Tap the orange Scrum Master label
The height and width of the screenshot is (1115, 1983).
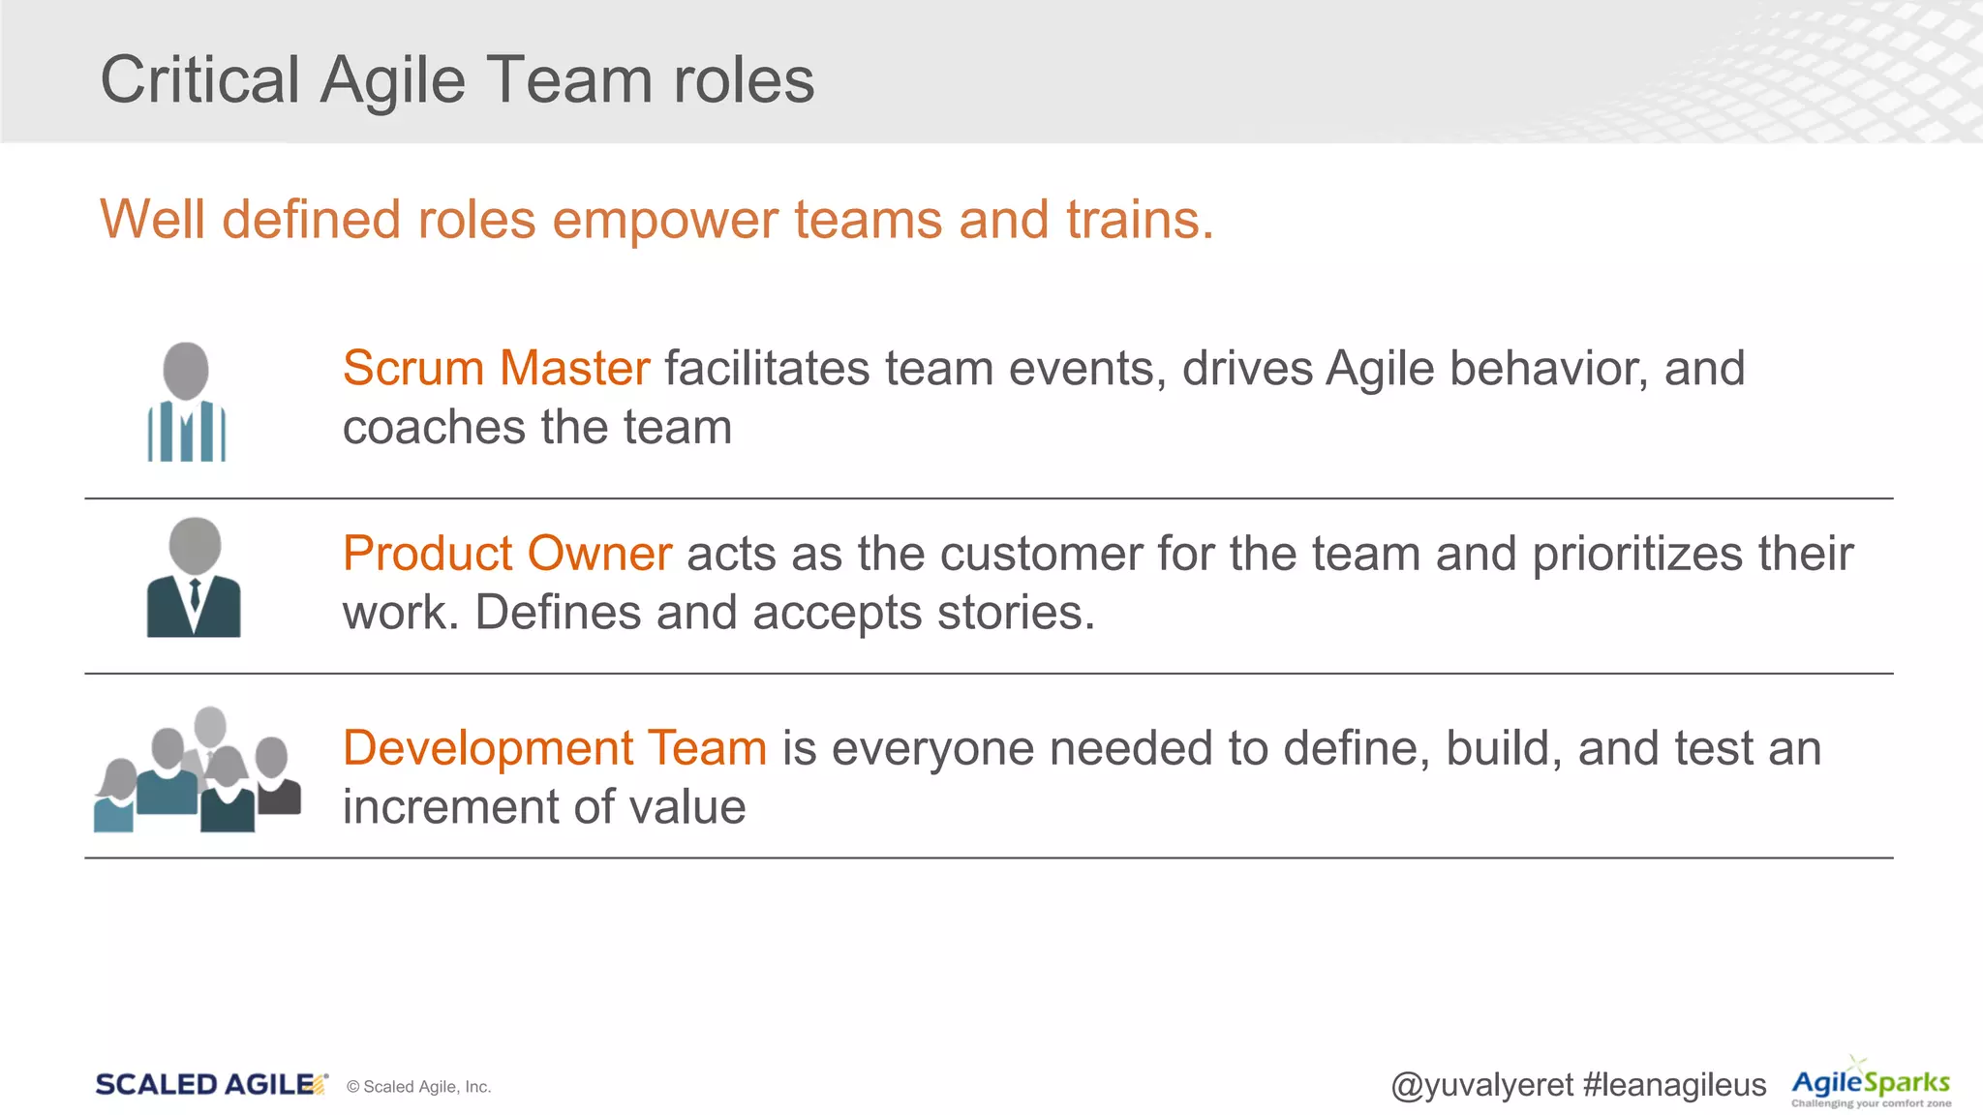click(496, 369)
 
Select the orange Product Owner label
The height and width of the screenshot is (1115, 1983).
click(506, 554)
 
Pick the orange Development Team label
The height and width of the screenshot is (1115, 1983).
click(554, 748)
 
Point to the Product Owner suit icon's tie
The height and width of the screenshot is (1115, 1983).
click(195, 592)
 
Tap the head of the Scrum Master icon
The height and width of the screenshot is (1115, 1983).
click(186, 369)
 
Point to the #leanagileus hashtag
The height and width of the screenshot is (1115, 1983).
click(1674, 1085)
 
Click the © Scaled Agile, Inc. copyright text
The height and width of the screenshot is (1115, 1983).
click(418, 1087)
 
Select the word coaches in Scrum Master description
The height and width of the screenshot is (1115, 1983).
click(434, 428)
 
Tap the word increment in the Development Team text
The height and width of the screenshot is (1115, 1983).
click(450, 807)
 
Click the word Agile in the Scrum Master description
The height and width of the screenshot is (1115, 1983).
click(1379, 369)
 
